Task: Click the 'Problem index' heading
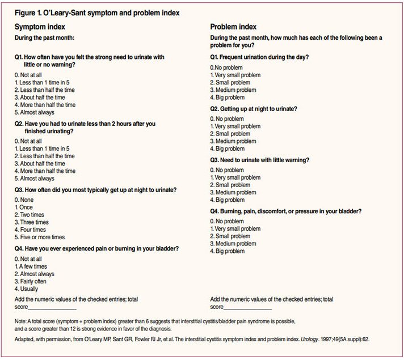tap(233, 27)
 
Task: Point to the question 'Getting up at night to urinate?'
tap(262, 108)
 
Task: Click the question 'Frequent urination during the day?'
tap(263, 57)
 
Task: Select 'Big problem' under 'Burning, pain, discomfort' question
tap(230, 251)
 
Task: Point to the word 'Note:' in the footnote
tap(23, 321)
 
